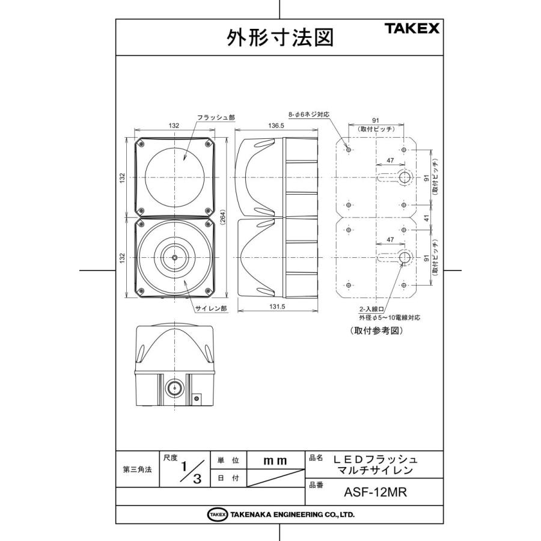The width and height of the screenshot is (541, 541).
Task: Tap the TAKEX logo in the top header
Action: coord(412,28)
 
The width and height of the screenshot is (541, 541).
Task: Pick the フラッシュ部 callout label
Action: coord(211,118)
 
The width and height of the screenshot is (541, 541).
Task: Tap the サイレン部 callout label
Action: coord(209,308)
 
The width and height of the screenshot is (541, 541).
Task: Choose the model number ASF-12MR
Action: coord(376,493)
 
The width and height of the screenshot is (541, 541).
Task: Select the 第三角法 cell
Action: coord(136,469)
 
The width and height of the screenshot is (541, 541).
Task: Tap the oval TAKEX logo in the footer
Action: coord(217,515)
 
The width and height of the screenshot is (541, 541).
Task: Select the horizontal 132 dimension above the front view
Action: coord(174,126)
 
